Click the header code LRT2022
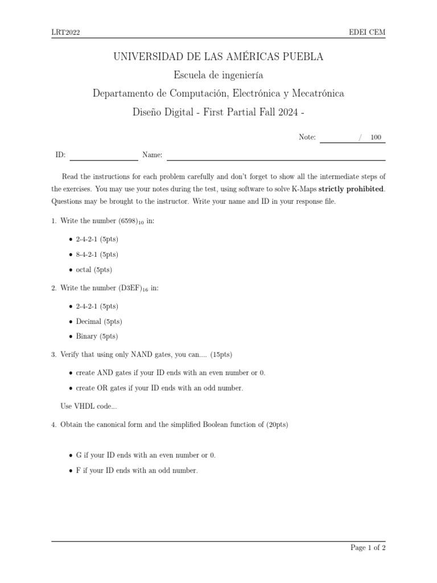coord(65,32)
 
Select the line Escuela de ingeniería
coord(218,75)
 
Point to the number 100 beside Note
coord(376,137)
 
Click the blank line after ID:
coord(104,155)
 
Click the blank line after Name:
coord(275,155)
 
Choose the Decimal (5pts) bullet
coord(98,322)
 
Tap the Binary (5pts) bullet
coord(97,336)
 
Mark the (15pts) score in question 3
coord(221,355)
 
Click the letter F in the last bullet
coord(78,471)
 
